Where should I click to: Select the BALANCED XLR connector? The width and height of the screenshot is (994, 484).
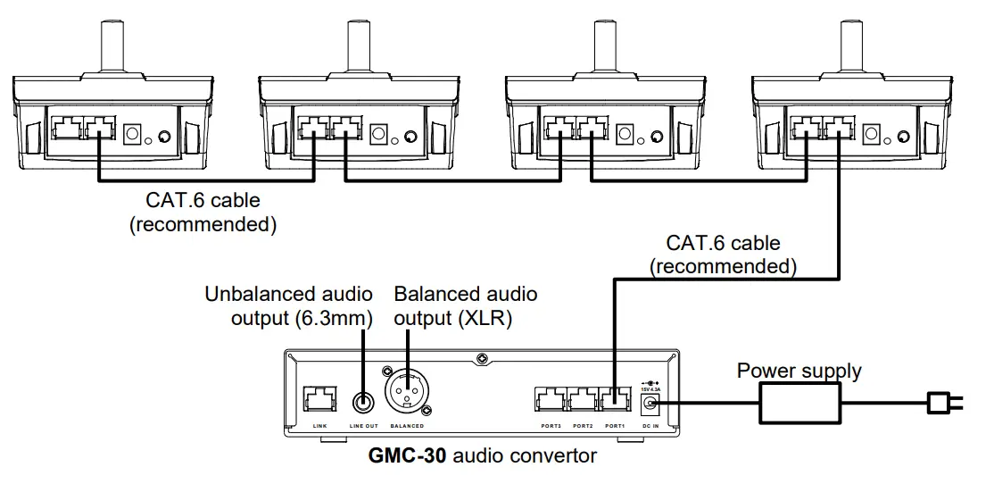[406, 393]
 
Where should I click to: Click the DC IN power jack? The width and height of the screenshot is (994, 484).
[650, 405]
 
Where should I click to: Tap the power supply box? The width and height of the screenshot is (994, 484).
[800, 404]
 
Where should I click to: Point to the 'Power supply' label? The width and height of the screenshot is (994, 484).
[799, 370]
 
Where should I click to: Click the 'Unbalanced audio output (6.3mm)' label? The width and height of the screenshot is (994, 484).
[287, 305]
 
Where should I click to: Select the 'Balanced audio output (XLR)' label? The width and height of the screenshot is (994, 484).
[466, 305]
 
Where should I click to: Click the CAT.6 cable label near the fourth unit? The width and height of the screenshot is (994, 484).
[723, 254]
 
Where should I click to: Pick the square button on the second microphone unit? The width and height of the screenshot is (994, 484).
[378, 135]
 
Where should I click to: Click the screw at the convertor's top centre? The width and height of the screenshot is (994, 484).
[482, 359]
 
